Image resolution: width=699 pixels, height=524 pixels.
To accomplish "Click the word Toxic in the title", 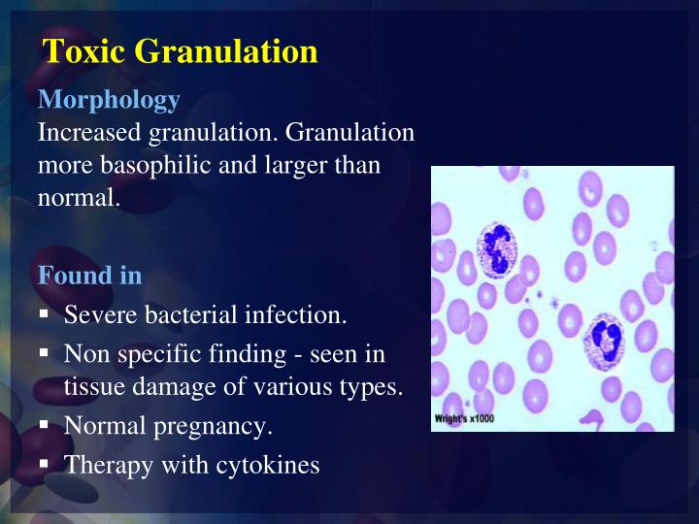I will coord(83,51).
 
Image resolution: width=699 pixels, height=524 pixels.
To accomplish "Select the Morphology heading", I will coord(108,100).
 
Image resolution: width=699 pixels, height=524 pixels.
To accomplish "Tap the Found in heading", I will coord(89,276).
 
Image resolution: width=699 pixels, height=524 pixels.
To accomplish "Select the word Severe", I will coord(101,315).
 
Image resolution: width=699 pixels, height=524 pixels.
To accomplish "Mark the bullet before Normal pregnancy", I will coord(45,425).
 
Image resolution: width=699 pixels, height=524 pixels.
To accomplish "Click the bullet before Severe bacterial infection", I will coord(45,314).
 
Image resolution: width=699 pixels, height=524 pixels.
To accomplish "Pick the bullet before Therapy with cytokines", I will coord(45,464).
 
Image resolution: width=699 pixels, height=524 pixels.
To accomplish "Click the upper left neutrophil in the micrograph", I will coord(496,249).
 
